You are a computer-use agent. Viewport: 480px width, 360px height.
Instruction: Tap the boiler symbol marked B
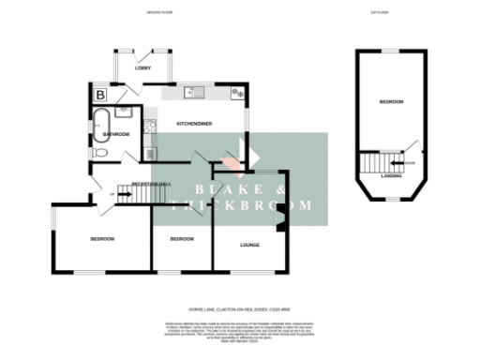pos(99,94)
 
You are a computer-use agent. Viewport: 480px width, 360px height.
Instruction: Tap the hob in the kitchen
pos(237,94)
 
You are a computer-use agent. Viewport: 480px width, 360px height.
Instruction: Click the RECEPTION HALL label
pos(150,184)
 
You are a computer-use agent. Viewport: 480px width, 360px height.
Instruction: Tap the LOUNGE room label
pos(249,246)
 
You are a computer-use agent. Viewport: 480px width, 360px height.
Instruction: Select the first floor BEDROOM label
pos(391,101)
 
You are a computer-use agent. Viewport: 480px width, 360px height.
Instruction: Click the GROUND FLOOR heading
pos(160,13)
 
